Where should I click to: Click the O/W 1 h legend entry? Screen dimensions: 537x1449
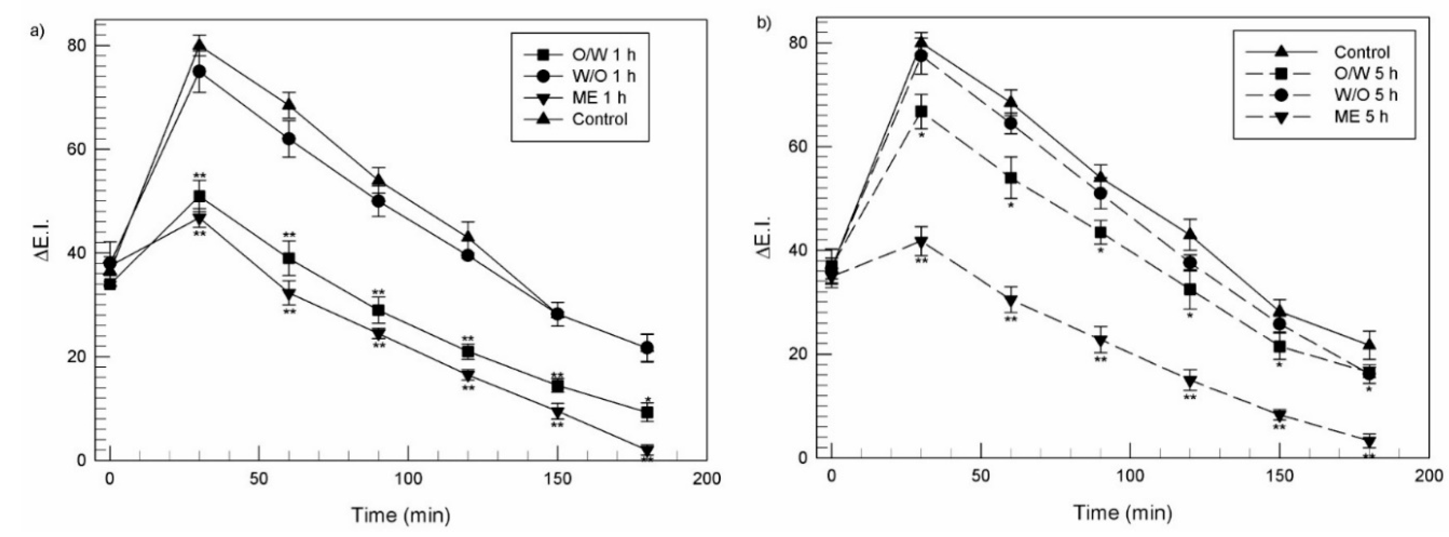tap(579, 55)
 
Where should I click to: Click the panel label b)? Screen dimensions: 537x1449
tap(764, 24)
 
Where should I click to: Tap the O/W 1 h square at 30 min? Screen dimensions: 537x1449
tap(199, 196)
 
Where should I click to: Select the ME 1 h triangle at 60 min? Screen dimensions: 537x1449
tap(289, 294)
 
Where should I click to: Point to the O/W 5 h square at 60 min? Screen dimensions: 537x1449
tap(1011, 178)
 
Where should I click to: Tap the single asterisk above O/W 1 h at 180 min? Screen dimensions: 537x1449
tap(648, 400)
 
